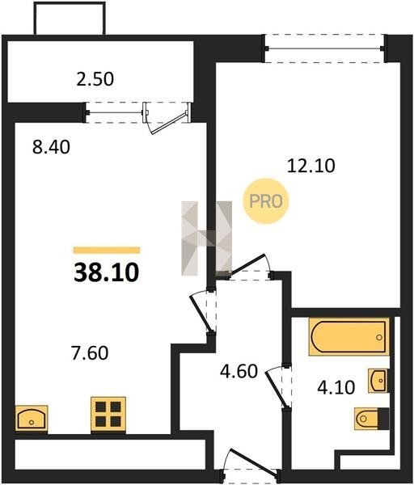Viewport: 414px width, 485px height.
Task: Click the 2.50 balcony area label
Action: point(95,79)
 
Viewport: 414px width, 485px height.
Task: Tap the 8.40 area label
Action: point(51,147)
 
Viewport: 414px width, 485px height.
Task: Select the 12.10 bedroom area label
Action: point(311,166)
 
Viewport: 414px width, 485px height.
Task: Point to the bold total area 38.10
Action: point(107,272)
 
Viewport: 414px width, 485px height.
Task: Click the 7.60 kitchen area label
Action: point(90,353)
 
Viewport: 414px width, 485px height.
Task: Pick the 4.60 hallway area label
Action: point(239,371)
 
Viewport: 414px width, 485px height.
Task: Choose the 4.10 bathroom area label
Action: point(336,387)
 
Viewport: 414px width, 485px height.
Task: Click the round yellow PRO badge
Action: point(266,201)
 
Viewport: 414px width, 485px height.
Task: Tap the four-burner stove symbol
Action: point(108,414)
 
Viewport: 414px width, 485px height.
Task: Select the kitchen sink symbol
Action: point(32,418)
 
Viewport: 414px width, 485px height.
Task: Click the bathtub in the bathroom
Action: point(349,337)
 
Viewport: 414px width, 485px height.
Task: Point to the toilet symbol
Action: point(372,419)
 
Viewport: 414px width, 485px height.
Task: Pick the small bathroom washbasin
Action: point(378,381)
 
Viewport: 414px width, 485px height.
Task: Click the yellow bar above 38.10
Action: point(107,250)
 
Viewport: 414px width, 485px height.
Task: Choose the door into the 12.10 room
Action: point(248,264)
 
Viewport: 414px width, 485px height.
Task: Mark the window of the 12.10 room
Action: point(324,48)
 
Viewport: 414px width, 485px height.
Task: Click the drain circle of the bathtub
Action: point(379,337)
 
